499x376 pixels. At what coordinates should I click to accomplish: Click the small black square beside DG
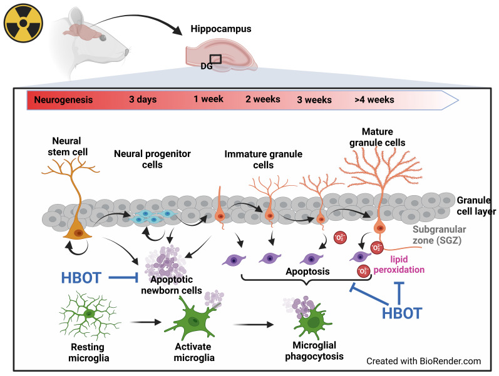tap(216, 59)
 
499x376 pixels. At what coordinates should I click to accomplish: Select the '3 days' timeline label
tap(143, 99)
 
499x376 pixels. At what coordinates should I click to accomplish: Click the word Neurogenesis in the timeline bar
tap(63, 99)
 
